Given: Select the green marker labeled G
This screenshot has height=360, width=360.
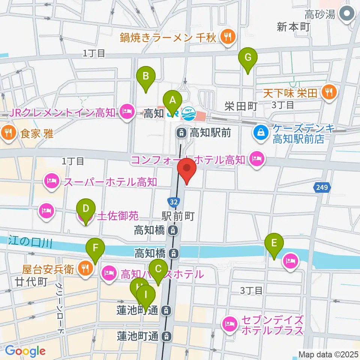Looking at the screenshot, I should [248, 58].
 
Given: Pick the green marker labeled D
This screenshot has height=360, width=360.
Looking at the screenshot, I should [85, 209].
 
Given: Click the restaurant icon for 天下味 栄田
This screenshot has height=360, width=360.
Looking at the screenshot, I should [329, 92].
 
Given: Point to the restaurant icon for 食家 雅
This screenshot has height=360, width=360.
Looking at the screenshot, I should [8, 132].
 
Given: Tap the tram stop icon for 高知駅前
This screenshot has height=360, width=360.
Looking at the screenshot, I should [181, 132].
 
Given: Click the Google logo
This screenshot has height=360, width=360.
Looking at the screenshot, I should [25, 351].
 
